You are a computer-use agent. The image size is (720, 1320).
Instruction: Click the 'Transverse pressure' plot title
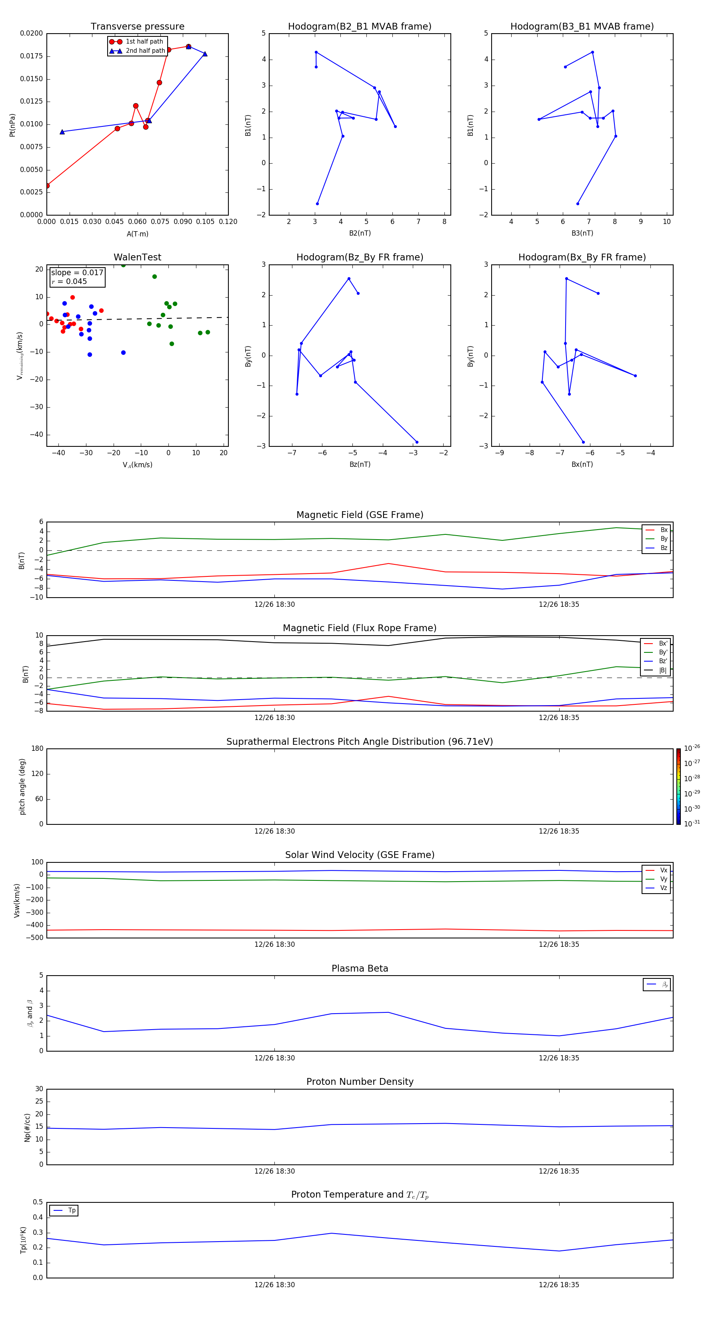(x=137, y=27)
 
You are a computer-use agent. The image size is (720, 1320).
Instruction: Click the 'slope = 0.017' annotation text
(x=77, y=273)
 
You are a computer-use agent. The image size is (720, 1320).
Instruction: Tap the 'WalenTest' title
(x=137, y=257)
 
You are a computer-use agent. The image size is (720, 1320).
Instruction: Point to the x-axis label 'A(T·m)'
(x=137, y=234)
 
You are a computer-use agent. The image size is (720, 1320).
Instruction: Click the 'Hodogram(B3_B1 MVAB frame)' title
(x=582, y=27)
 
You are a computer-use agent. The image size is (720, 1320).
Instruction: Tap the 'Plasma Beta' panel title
(x=360, y=968)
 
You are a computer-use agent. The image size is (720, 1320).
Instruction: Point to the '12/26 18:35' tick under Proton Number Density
(x=558, y=1171)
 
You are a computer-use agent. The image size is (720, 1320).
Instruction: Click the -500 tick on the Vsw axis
(x=36, y=938)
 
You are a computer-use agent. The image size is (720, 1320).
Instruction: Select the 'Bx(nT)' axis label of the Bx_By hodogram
(x=582, y=464)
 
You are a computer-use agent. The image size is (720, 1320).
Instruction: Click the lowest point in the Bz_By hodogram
(x=417, y=442)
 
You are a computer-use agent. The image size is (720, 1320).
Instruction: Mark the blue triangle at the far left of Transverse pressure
(x=62, y=132)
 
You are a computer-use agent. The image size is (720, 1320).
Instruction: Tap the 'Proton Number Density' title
(x=360, y=1081)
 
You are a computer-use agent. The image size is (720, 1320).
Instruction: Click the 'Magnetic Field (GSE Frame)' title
(x=360, y=515)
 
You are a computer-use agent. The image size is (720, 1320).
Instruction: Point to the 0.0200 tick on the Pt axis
(x=31, y=33)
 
